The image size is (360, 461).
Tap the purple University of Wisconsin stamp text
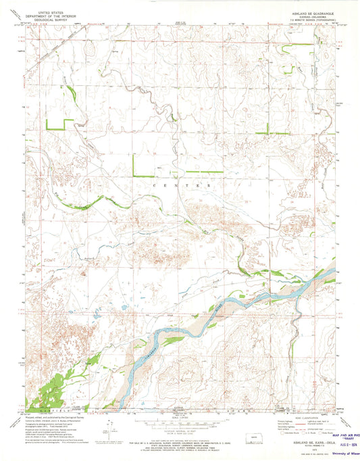(x=342, y=455)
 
